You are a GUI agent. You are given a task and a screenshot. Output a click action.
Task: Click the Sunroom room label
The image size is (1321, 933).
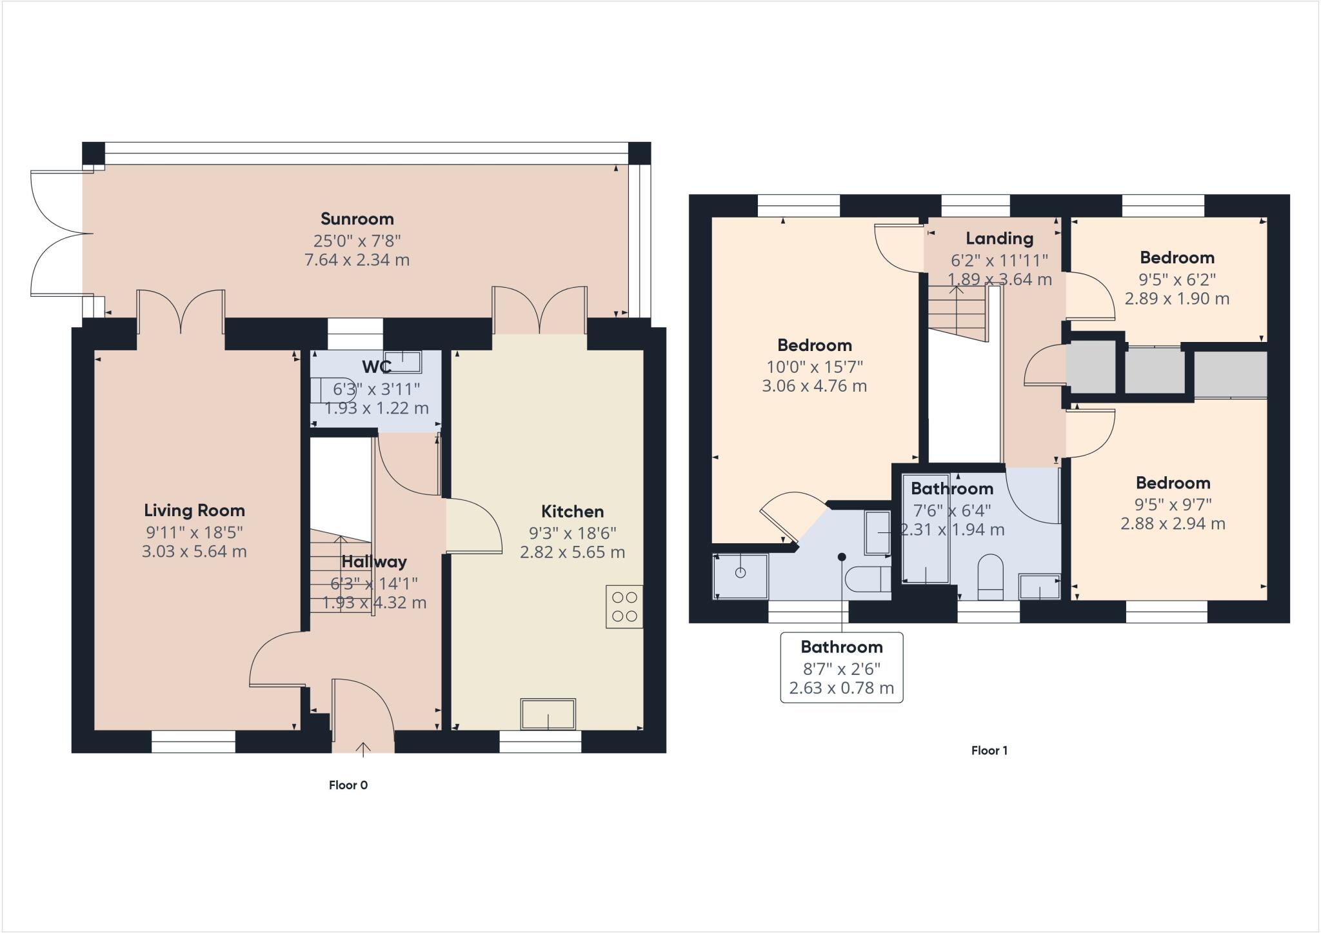357,219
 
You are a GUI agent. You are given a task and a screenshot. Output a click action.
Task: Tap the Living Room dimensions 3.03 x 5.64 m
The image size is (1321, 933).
194,552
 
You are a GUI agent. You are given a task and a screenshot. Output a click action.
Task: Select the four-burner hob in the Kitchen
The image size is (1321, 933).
624,607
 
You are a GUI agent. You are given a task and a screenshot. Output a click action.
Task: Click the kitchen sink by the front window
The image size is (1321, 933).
548,714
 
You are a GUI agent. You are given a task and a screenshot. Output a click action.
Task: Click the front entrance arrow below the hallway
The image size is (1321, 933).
363,748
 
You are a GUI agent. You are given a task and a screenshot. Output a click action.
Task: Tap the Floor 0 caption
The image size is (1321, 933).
348,785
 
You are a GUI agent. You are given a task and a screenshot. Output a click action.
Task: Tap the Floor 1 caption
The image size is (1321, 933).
989,750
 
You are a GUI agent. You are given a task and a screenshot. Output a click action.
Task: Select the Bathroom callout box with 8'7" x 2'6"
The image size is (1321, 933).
841,667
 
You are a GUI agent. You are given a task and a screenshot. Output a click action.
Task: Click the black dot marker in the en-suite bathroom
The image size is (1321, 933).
842,557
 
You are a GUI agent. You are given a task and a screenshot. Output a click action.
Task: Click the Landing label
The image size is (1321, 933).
999,239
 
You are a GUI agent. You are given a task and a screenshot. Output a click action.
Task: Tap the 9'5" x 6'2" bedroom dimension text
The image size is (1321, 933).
1177,279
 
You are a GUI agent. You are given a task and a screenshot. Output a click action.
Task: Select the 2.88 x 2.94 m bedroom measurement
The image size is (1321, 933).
1172,524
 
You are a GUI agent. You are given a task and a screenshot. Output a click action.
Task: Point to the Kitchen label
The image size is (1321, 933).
572,512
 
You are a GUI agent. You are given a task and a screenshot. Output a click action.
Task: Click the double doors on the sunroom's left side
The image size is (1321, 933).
58,233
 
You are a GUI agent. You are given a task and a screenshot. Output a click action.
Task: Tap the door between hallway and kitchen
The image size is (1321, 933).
473,526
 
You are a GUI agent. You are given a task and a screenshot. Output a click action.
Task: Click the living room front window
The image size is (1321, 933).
193,742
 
